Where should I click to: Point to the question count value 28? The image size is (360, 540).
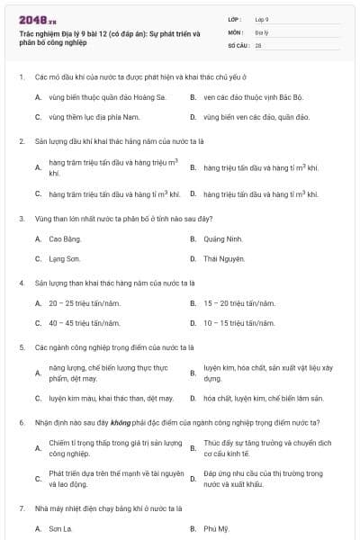pos(258,44)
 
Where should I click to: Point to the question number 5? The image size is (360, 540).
pos(21,346)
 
